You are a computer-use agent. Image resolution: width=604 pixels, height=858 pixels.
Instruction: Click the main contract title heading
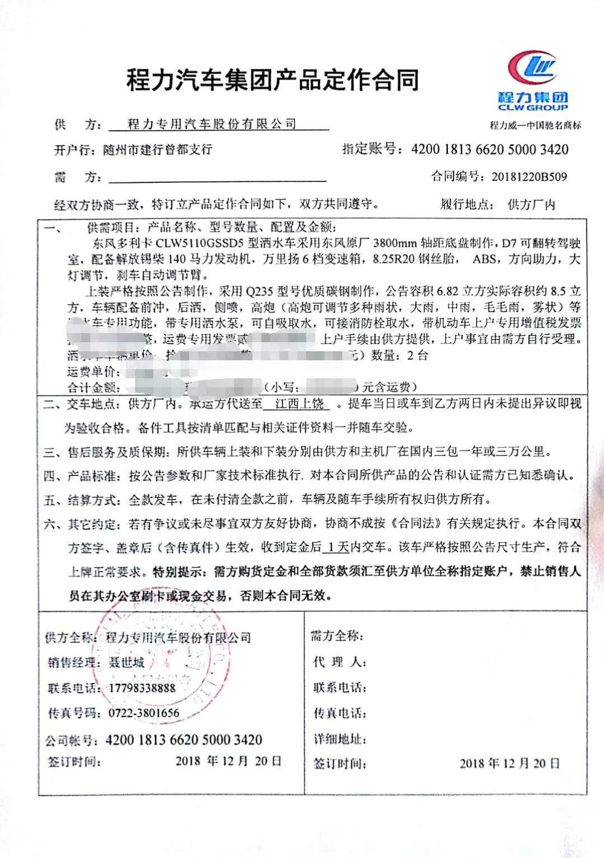click(x=272, y=80)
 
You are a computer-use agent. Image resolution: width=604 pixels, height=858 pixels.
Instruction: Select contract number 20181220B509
click(x=529, y=177)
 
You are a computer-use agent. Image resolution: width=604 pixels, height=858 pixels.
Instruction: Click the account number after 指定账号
click(x=489, y=149)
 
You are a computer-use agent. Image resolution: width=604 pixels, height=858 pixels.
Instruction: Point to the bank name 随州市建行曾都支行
click(x=158, y=150)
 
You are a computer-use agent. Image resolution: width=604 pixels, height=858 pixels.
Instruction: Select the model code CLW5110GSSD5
click(x=200, y=244)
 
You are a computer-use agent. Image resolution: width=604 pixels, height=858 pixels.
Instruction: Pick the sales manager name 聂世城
click(x=126, y=663)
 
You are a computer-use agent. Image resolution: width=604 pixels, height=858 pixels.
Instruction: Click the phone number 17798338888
click(x=141, y=688)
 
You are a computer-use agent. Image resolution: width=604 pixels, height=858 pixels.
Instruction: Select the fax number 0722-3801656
click(x=144, y=713)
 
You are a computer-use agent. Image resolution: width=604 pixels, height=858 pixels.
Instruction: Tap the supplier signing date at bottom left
click(x=228, y=761)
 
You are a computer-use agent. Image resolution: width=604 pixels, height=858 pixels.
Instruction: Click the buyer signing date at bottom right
click(x=509, y=763)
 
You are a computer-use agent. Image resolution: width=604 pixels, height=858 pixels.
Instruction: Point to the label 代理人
click(x=339, y=662)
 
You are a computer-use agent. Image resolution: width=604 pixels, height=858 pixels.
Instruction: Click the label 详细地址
click(x=339, y=739)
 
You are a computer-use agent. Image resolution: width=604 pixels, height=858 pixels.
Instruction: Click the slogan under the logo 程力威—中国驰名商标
click(x=535, y=125)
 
